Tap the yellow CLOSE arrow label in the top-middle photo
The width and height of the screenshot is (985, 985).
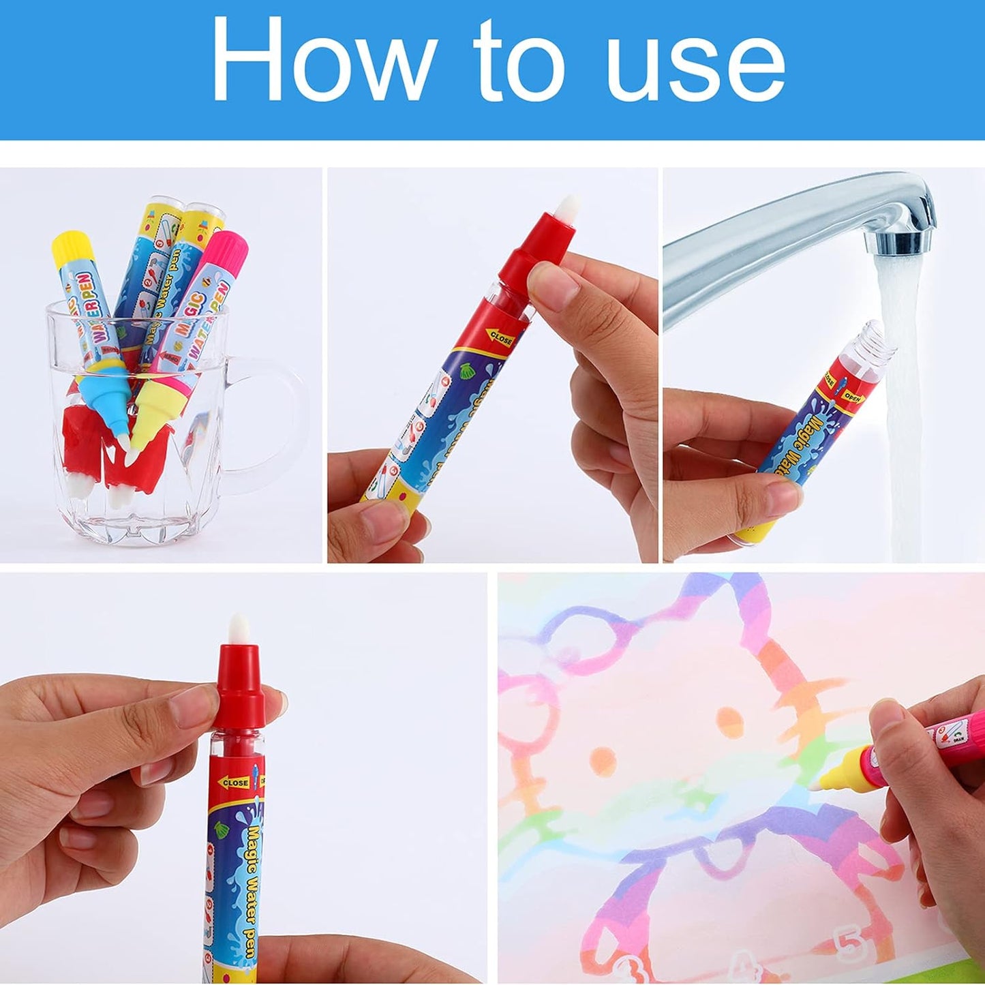tap(501, 336)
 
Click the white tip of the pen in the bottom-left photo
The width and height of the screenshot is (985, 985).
tap(237, 626)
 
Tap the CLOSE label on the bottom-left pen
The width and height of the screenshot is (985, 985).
tap(236, 783)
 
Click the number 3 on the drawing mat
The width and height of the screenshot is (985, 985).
tap(624, 968)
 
